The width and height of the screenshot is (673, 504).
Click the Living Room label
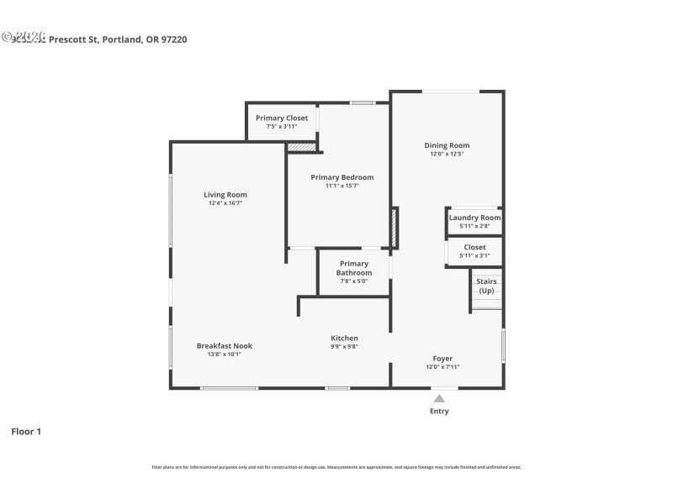tap(225, 194)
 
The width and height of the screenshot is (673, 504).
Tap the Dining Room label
tap(447, 145)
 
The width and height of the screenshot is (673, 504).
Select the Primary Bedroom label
tap(342, 177)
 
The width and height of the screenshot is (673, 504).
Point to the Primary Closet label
tap(282, 118)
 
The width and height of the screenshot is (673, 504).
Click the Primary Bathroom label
tap(354, 268)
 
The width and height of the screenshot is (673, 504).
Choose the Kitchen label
tap(344, 338)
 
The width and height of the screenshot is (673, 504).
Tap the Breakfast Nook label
tap(225, 345)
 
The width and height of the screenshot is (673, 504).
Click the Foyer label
tap(442, 358)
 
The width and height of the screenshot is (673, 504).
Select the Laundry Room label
tap(474, 218)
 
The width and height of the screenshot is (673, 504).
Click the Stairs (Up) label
tap(486, 286)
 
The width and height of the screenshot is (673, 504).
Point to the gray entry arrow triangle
tap(439, 398)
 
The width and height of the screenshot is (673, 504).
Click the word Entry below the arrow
tap(439, 412)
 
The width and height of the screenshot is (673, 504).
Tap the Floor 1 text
tap(25, 432)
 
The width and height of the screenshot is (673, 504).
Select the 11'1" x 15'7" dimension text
tap(342, 186)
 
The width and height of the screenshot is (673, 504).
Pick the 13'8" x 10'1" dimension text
tap(225, 354)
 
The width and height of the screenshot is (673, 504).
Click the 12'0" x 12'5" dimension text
tap(447, 155)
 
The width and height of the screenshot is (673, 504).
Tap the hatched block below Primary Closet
tap(301, 147)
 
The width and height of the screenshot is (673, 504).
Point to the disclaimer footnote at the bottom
tap(336, 467)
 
